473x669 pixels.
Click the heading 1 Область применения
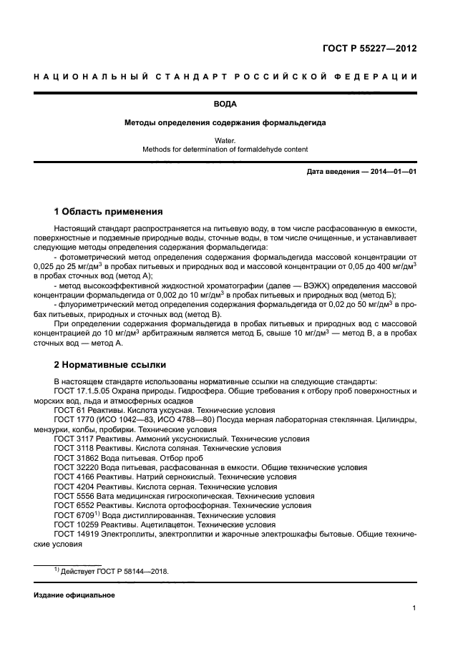pyautogui.click(x=109, y=212)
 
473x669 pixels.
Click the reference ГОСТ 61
pyautogui.click(x=69, y=411)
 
